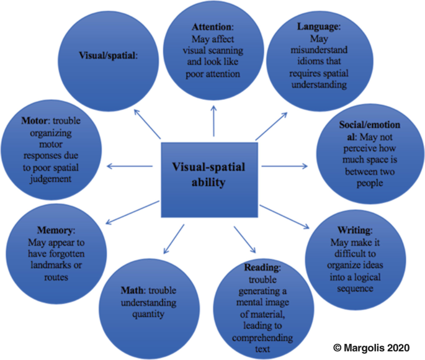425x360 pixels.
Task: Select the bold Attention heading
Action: coord(211,28)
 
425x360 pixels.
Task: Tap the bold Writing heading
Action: coord(351,230)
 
